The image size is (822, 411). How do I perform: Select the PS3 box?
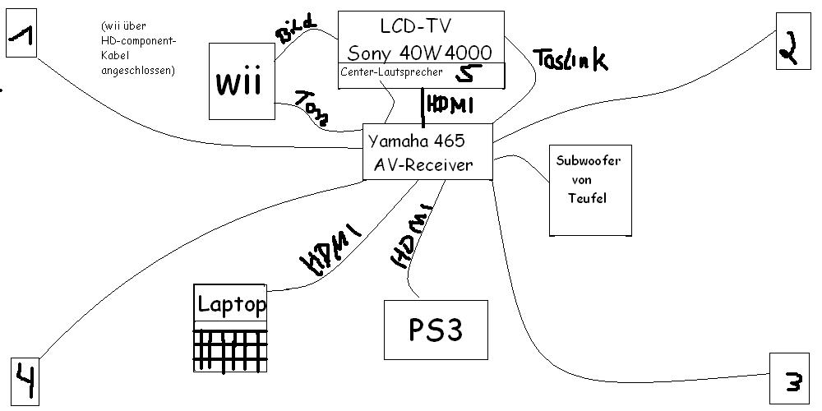436,329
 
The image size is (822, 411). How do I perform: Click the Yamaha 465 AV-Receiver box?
427,152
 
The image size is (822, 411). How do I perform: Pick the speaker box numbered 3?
792,380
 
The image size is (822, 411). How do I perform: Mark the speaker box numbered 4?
25,381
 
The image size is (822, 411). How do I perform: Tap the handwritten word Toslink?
570,58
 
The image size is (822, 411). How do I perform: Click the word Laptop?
231,305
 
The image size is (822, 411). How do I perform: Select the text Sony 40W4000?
420,53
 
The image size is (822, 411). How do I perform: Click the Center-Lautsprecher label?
390,72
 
